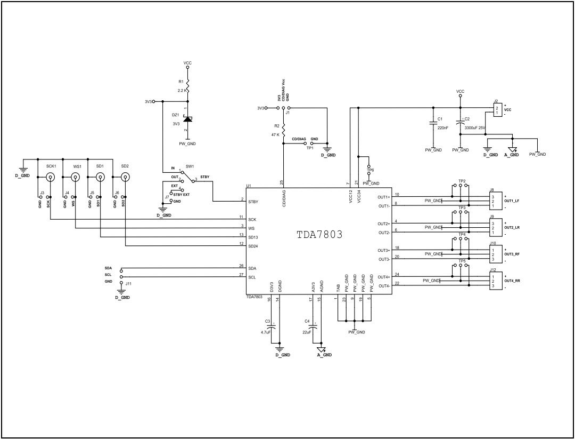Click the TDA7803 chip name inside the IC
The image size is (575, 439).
[319, 234]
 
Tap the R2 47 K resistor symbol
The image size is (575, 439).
[283, 130]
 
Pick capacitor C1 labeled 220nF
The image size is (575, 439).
[433, 123]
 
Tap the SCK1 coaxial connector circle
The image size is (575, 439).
[50, 177]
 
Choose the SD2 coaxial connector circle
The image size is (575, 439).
[125, 177]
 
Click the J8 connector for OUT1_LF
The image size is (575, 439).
[495, 201]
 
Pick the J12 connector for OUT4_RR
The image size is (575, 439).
[495, 281]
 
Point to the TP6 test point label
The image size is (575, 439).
[371, 170]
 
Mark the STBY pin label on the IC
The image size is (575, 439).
[253, 202]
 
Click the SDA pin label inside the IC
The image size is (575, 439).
[252, 268]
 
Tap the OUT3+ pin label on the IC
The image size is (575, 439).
[383, 250]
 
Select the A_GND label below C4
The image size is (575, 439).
[324, 355]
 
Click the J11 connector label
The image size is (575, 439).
[128, 285]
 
